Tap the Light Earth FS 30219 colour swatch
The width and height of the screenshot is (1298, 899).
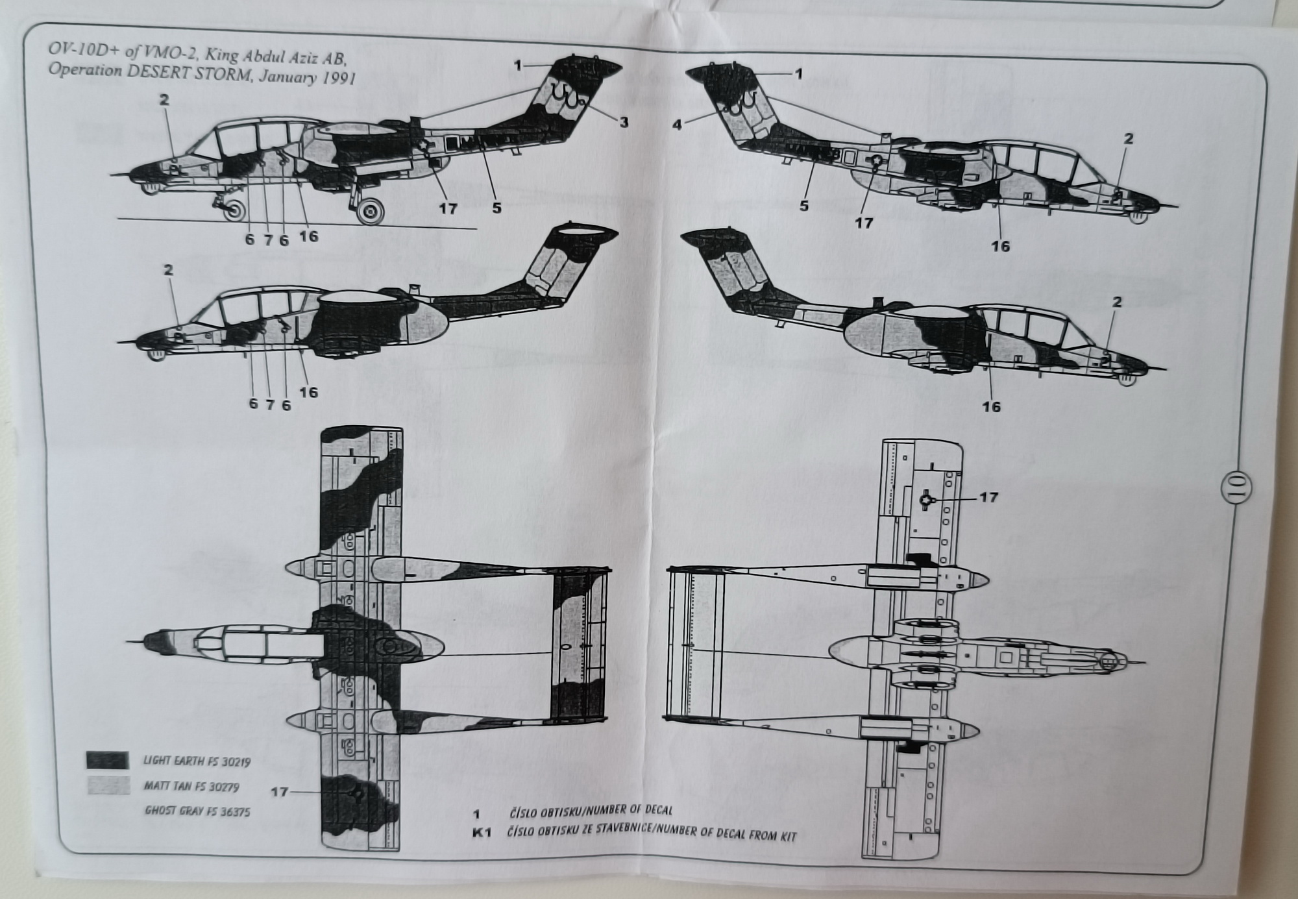pyautogui.click(x=107, y=760)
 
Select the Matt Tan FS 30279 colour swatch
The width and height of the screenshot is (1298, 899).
pyautogui.click(x=107, y=785)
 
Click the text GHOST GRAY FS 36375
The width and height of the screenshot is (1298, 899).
pyautogui.click(x=197, y=811)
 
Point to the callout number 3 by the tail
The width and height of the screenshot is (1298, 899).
pyautogui.click(x=623, y=122)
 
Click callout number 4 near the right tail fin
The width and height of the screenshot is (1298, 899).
pyautogui.click(x=678, y=124)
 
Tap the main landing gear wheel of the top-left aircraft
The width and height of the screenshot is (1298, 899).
pyautogui.click(x=371, y=210)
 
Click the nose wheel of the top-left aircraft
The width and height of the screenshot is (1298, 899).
pyautogui.click(x=235, y=210)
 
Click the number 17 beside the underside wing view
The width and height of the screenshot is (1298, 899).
pyautogui.click(x=988, y=497)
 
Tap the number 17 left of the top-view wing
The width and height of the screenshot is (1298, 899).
pyautogui.click(x=279, y=792)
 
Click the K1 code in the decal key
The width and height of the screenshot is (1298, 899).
pyautogui.click(x=481, y=833)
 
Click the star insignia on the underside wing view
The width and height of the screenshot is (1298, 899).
pyautogui.click(x=927, y=499)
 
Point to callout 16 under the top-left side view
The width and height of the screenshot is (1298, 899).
pyautogui.click(x=309, y=236)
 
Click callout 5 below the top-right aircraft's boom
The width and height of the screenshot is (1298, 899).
pyautogui.click(x=804, y=206)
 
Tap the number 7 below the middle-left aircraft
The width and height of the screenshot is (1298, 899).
pyautogui.click(x=269, y=405)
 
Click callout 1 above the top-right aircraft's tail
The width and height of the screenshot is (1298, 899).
pyautogui.click(x=799, y=74)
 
